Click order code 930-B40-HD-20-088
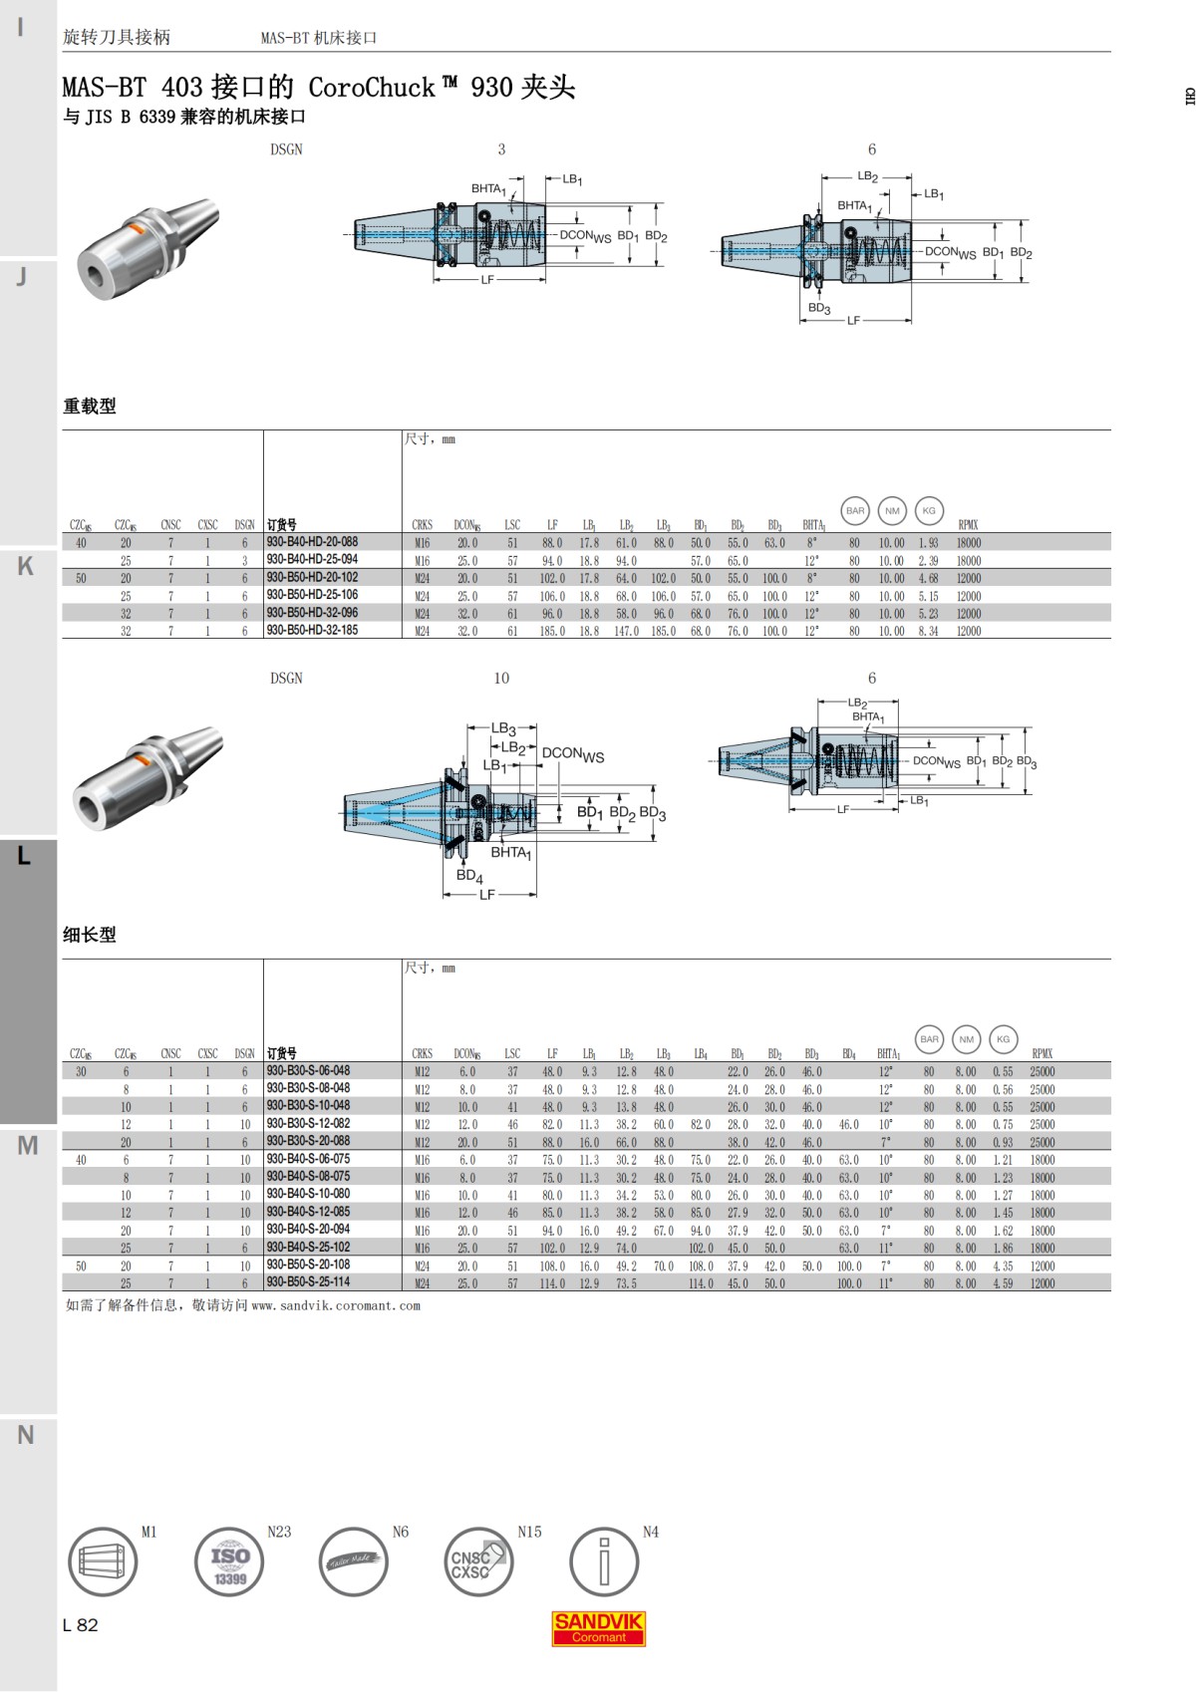[312, 542]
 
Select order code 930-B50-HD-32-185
[312, 630]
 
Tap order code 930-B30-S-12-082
[308, 1123]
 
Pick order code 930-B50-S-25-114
[308, 1282]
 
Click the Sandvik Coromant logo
[598, 1628]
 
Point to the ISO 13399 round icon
[229, 1561]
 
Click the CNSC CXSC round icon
[476, 1561]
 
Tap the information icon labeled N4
[603, 1561]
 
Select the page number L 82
[81, 1625]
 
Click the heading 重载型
[90, 406]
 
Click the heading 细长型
[90, 935]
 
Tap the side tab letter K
[26, 566]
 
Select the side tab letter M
[27, 1146]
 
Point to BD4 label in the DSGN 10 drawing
[468, 876]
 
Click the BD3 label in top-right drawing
[818, 308]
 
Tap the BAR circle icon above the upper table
[855, 510]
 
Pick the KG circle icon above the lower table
[1003, 1039]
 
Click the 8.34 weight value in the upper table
[928, 631]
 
